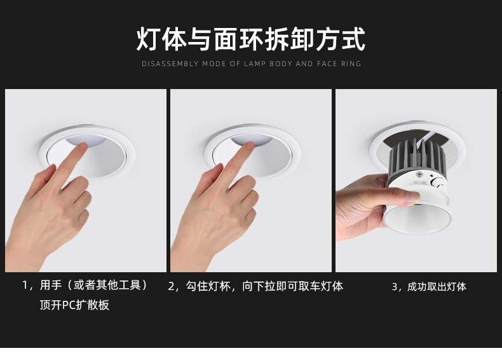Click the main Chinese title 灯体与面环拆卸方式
pos(250,39)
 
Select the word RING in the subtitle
pos(351,64)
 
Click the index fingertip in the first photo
pos(83,146)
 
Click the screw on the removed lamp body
pos(419,174)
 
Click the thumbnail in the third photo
pos(413,197)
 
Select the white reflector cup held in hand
pos(417,219)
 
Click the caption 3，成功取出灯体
pos(429,286)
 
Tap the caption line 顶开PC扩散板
pos(74,305)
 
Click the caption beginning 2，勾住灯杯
pos(255,286)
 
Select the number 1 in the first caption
pos(25,285)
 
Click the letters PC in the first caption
pos(69,305)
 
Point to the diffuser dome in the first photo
pos(86,141)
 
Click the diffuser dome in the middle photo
pos(252,139)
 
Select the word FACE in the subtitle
pos(327,64)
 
